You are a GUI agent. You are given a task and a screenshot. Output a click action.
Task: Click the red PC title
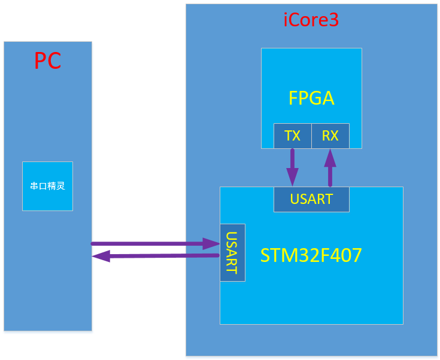click(47, 61)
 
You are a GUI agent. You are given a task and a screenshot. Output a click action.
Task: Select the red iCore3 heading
click(311, 20)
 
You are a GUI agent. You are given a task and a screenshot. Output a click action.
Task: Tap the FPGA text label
click(311, 98)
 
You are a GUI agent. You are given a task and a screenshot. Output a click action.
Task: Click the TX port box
click(292, 136)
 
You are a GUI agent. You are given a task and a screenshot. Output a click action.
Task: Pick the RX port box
click(330, 136)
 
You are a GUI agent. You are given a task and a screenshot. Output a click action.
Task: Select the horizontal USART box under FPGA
click(311, 199)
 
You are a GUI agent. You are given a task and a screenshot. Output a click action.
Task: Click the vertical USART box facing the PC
click(232, 252)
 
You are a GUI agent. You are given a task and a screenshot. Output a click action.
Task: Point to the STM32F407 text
click(311, 256)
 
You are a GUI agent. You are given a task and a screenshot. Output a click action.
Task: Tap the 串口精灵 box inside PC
click(47, 186)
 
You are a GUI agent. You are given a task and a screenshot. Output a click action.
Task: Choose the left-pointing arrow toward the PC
click(156, 256)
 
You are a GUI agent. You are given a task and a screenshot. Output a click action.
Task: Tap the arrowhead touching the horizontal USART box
click(292, 178)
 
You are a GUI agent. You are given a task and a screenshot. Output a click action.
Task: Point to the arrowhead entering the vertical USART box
click(211, 243)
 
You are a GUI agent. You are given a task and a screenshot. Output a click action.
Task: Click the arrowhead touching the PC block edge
click(101, 256)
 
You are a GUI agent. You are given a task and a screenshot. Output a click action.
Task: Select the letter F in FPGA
click(294, 98)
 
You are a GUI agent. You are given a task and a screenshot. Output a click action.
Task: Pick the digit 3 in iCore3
click(333, 20)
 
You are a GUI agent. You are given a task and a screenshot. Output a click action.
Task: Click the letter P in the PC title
click(40, 61)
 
